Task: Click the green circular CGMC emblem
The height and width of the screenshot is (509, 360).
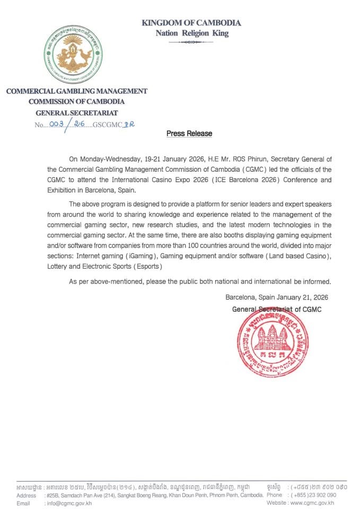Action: coord(73,54)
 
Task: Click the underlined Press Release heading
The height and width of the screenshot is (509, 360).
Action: coord(189,134)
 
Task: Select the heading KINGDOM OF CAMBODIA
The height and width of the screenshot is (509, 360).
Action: coord(191,23)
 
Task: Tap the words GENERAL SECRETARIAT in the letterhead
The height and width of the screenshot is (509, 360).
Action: coord(76,112)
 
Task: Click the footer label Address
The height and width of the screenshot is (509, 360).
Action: coord(26,495)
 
